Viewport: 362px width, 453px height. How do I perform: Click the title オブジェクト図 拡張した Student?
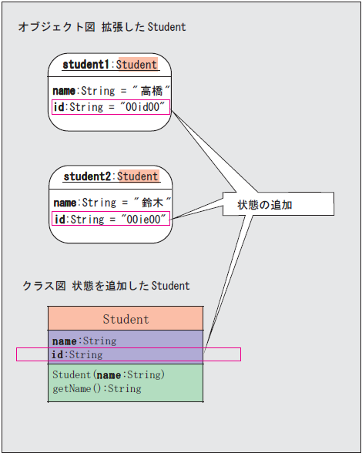point(102,27)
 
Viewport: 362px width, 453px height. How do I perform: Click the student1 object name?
point(85,65)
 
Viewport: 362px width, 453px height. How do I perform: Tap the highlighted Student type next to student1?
point(136,65)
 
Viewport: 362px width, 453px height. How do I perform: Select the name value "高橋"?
point(152,91)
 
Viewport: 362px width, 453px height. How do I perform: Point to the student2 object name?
point(87,176)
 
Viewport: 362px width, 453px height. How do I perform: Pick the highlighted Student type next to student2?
point(138,176)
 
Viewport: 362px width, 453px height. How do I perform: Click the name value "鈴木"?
point(153,203)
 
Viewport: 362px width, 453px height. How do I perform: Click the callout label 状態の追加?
point(265,205)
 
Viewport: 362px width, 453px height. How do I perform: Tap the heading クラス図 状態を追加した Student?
point(106,286)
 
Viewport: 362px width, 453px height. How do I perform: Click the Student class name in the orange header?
point(126,319)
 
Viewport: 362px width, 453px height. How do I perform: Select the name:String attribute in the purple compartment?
point(85,341)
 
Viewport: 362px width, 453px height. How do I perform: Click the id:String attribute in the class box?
point(77,354)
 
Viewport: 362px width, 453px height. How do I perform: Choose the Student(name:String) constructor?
point(109,374)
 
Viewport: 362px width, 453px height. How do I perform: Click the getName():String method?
point(97,388)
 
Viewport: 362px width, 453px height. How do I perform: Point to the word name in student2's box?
point(65,203)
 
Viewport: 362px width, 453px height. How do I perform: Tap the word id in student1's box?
point(59,107)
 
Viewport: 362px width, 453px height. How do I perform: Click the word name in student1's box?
point(64,91)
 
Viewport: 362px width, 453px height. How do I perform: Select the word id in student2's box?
point(60,219)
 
